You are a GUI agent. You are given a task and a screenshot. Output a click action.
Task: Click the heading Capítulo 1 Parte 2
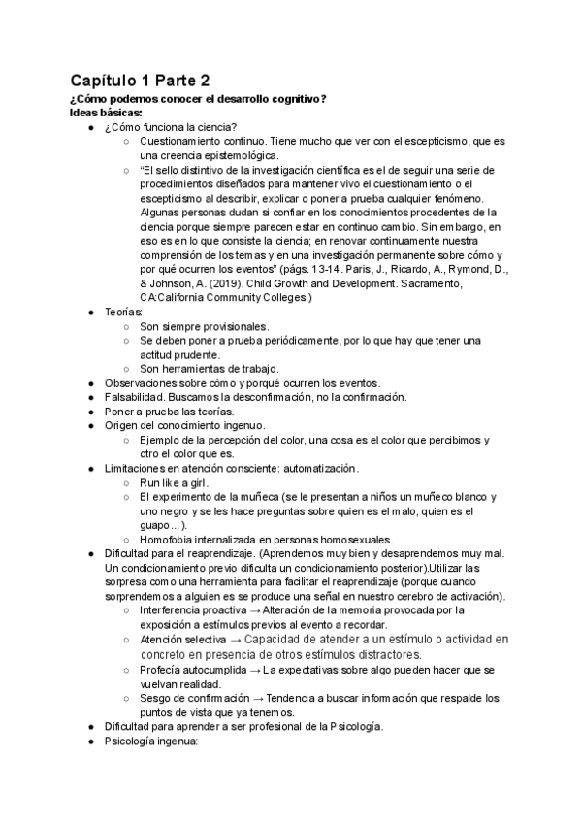tap(140, 80)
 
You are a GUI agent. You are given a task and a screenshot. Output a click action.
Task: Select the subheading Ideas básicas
tap(106, 112)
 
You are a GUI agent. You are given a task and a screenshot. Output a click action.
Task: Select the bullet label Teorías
tap(123, 312)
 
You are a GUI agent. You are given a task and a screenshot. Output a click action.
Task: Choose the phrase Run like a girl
tap(174, 482)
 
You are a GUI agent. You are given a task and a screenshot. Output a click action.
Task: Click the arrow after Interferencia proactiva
tap(255, 610)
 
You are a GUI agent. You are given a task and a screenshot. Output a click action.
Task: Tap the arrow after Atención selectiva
tap(233, 640)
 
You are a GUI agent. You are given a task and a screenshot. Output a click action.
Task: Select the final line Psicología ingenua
tap(150, 740)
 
